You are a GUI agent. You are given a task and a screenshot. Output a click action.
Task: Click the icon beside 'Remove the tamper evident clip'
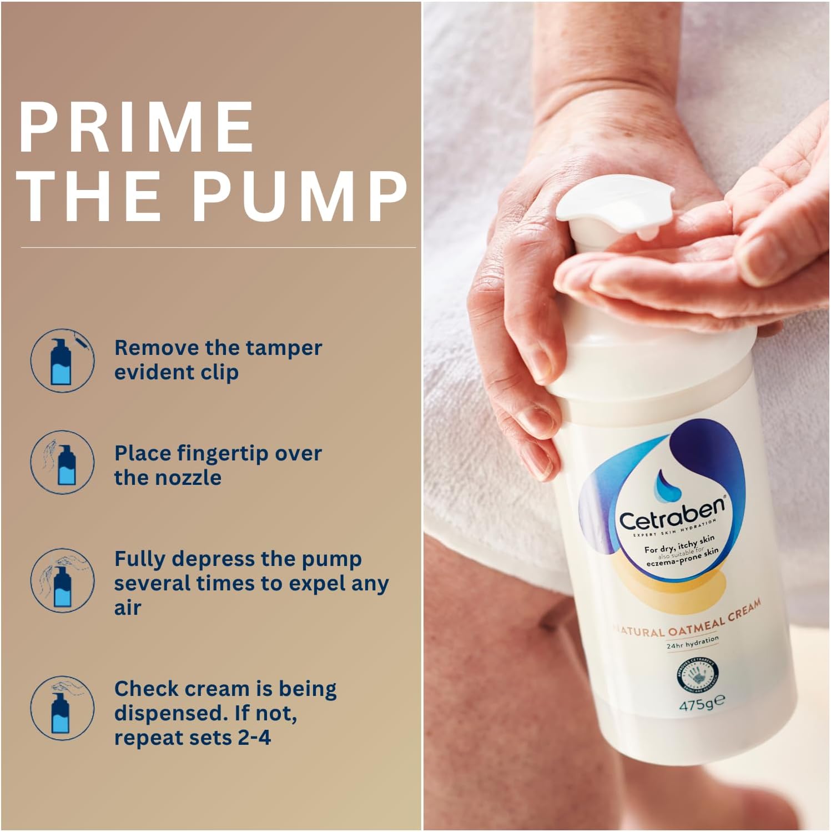[62, 360]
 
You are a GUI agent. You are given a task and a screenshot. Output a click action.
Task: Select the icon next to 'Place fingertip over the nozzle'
[62, 462]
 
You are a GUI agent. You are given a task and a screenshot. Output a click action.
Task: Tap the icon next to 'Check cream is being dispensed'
[62, 708]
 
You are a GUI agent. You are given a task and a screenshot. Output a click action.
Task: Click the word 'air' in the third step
[128, 608]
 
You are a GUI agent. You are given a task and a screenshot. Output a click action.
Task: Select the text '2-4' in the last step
[253, 738]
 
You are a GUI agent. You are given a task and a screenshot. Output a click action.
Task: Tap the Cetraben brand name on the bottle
[672, 514]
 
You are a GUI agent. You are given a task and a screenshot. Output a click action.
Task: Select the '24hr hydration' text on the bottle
[692, 643]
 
